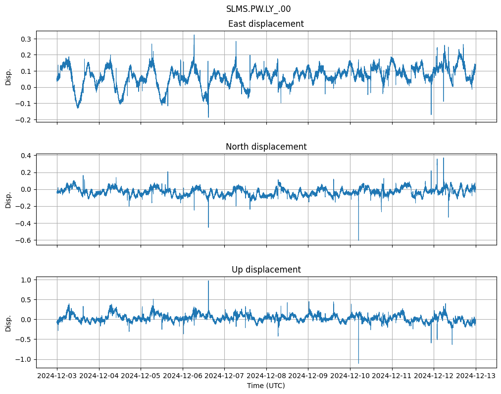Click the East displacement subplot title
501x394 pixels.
[x=265, y=24]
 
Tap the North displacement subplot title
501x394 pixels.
[x=265, y=147]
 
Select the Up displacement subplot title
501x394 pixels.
[x=265, y=270]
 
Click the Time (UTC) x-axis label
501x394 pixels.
[x=265, y=385]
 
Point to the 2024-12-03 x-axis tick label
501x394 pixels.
[x=57, y=376]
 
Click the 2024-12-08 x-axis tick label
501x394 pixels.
[x=266, y=376]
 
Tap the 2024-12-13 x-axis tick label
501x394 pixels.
[x=476, y=376]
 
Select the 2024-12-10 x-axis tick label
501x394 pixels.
[x=350, y=376]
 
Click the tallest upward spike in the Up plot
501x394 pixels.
[x=208, y=281]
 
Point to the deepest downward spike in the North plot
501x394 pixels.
[x=358, y=240]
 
